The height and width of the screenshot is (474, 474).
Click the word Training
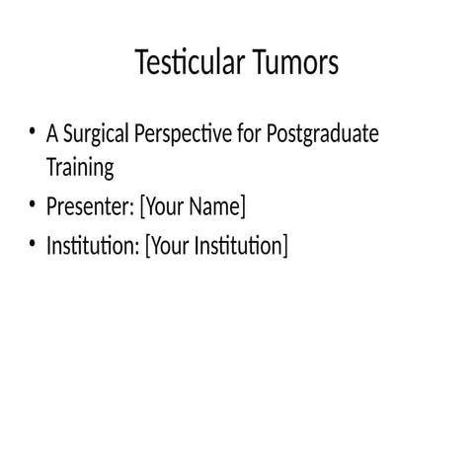80,167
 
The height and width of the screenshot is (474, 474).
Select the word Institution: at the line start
92,246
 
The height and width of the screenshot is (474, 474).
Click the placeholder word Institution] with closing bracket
240,246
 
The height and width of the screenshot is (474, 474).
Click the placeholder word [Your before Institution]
166,246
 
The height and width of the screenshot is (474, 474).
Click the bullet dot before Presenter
33,205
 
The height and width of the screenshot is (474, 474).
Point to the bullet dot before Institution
33,244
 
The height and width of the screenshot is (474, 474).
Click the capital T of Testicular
140,63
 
